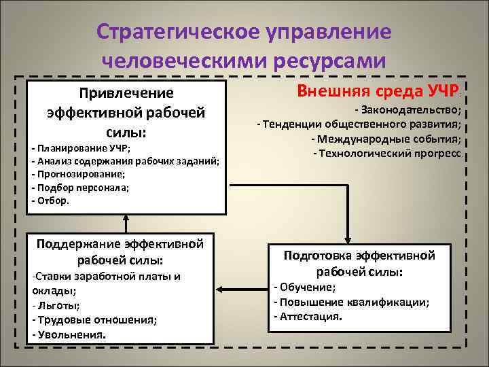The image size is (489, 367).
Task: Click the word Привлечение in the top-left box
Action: tap(126, 92)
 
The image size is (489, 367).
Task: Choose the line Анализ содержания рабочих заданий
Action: tap(126, 161)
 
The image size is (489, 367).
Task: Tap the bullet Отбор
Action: tap(52, 200)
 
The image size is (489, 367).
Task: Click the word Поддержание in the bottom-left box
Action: tap(79, 244)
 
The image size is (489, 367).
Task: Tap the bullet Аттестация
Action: tap(309, 317)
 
